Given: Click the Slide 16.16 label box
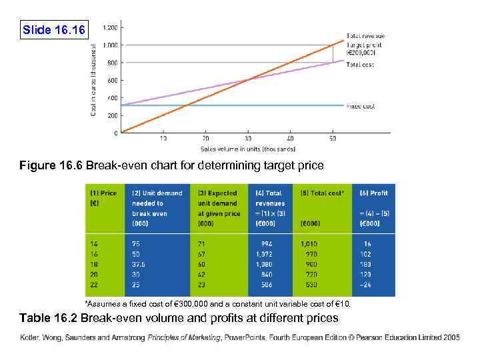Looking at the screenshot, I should [53, 30].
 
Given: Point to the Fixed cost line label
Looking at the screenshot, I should [360, 106].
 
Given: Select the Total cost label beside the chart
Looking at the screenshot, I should [359, 65].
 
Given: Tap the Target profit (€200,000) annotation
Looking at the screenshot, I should [363, 48].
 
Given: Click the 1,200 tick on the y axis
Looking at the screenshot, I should [110, 27].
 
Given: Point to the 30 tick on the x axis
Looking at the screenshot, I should [247, 139].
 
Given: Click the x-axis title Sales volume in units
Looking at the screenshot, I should [248, 149].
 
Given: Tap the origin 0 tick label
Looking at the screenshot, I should [116, 133].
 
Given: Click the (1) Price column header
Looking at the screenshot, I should [104, 193].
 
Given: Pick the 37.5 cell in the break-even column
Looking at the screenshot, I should [139, 263].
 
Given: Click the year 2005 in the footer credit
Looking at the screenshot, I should [449, 337].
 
